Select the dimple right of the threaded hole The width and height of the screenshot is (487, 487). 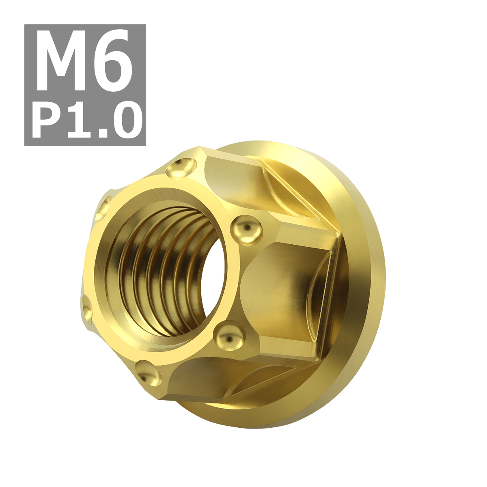246,230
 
